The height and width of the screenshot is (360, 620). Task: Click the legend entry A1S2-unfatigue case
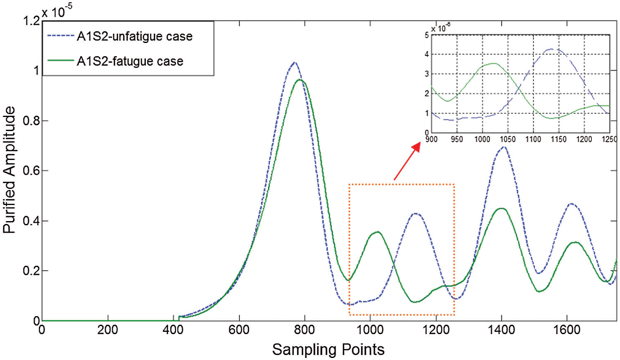coord(134,36)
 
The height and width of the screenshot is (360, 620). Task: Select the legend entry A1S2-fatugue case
coord(130,61)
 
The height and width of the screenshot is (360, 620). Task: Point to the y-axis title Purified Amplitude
coord(9,170)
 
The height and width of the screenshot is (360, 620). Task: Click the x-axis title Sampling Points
coord(328,350)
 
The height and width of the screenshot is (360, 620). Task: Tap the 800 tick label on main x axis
coord(305,330)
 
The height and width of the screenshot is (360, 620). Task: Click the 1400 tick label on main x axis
coord(501,330)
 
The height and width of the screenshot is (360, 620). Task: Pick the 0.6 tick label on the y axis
coord(31,171)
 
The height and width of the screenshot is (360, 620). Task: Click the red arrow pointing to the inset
coord(407,162)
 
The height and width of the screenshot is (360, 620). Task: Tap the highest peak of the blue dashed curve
coord(294,63)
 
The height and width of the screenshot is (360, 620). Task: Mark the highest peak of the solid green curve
coord(300,79)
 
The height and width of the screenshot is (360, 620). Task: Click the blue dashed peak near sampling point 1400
coord(503,147)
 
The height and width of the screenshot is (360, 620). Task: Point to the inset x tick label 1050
coord(508,139)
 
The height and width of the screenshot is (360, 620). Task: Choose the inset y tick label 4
coord(427,54)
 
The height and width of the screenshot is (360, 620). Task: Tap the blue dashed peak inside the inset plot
coord(552,49)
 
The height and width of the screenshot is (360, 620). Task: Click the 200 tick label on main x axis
coord(108,330)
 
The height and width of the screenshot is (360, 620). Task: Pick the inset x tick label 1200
coord(584,139)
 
